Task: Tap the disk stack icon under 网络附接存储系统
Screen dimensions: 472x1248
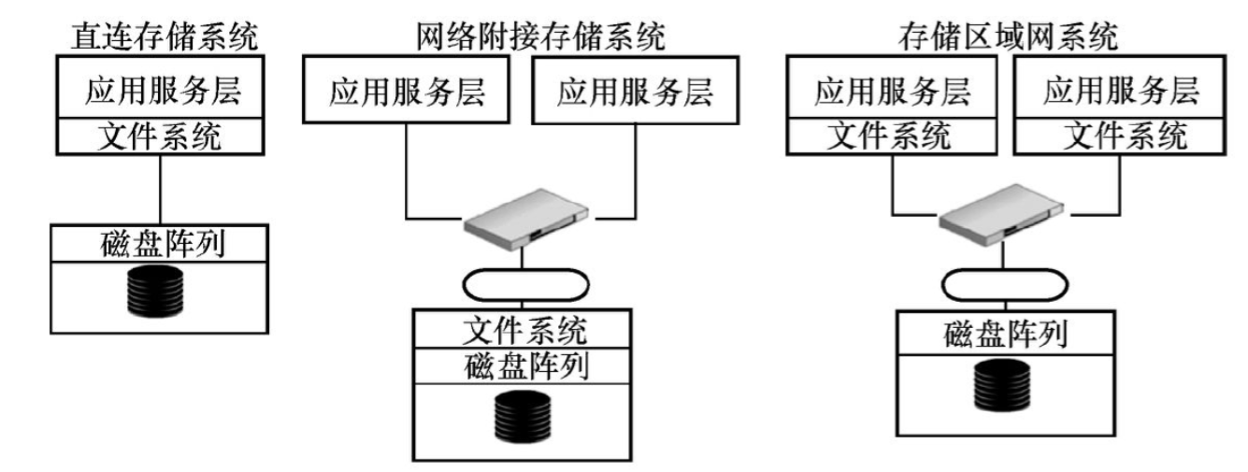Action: coord(520,417)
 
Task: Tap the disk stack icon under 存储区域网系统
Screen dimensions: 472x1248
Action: coord(1002,383)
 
